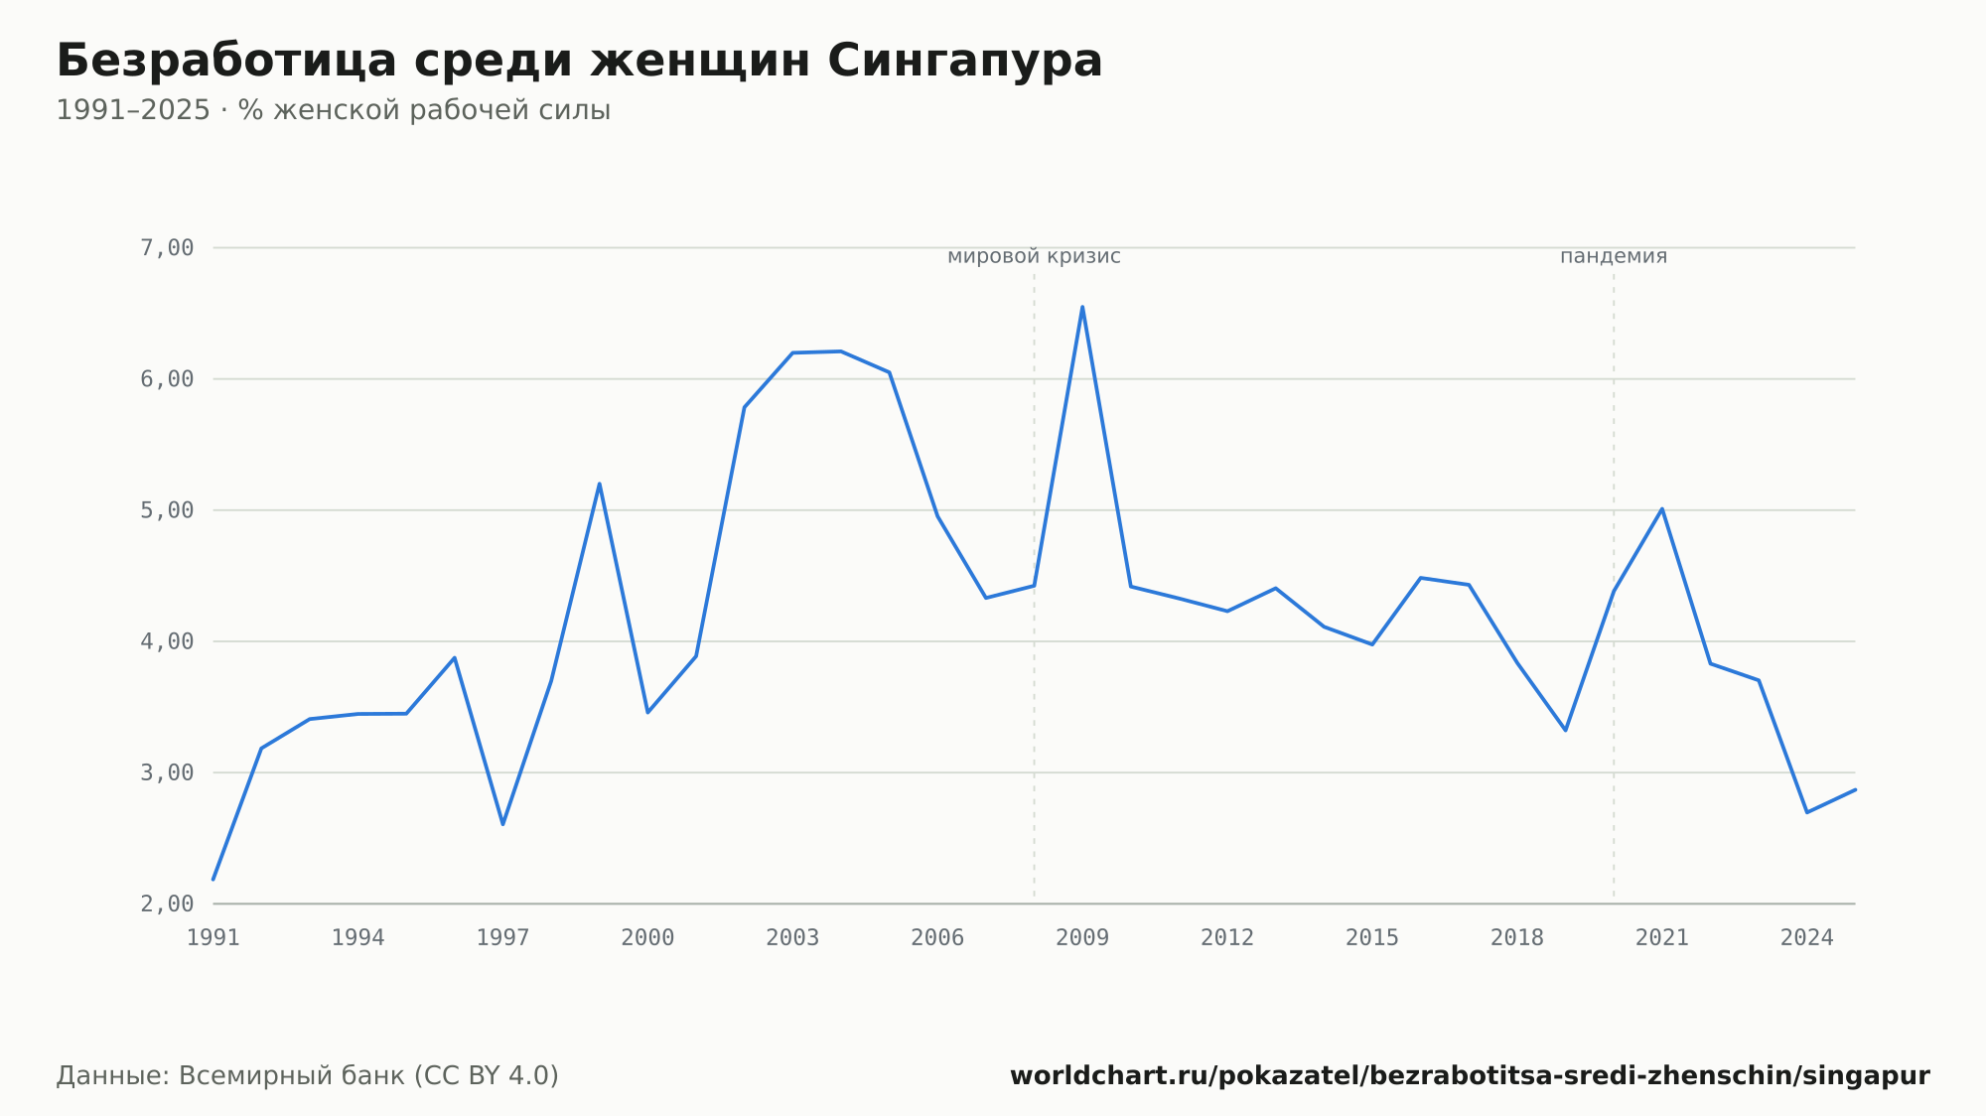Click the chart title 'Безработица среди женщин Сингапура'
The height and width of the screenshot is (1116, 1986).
(x=579, y=61)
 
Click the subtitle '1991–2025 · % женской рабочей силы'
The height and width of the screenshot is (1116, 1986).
(x=333, y=110)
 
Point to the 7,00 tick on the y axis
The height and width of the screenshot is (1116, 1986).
(x=167, y=247)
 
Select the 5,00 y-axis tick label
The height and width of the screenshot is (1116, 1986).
(x=167, y=510)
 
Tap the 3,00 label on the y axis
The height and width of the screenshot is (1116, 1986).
(x=167, y=772)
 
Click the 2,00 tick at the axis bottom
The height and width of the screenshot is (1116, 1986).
(x=167, y=904)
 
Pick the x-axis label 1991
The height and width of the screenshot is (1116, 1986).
(x=213, y=938)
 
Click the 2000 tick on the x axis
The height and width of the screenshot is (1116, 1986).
(x=647, y=938)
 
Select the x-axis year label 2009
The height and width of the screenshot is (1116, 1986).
(x=1082, y=938)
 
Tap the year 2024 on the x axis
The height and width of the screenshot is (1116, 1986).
(x=1807, y=938)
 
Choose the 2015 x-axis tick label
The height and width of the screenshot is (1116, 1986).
(x=1372, y=938)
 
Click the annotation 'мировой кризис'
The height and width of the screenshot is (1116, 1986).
(x=1034, y=256)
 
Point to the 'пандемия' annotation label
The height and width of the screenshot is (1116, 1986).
(x=1614, y=256)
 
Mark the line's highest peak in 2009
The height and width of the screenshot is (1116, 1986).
(x=1082, y=307)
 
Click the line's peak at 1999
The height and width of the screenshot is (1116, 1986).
(x=600, y=484)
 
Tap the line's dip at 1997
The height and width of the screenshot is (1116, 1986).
(x=503, y=824)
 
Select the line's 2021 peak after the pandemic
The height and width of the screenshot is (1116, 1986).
(x=1661, y=509)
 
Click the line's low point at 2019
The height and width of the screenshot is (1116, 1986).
(x=1565, y=730)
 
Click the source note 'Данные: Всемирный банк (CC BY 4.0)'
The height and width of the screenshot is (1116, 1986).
(x=308, y=1076)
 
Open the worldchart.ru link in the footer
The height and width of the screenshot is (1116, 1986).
(x=1470, y=1076)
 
